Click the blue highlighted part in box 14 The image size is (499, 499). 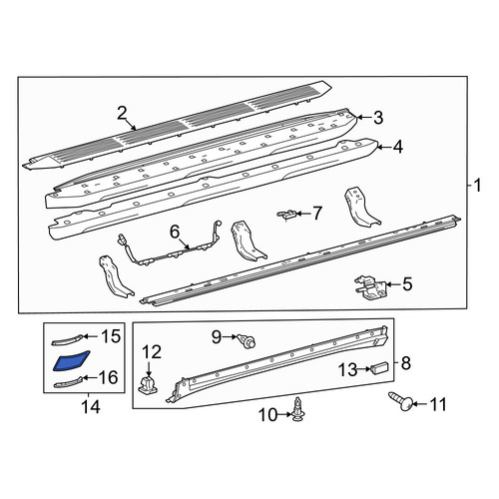pyautogui.click(x=71, y=360)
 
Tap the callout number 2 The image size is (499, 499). pyautogui.click(x=122, y=114)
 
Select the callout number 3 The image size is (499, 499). pyautogui.click(x=378, y=118)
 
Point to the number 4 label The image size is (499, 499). pyautogui.click(x=398, y=147)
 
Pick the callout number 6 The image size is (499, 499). pyautogui.click(x=175, y=232)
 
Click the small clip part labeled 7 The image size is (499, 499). pyautogui.click(x=286, y=214)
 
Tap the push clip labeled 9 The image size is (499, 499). pyautogui.click(x=247, y=341)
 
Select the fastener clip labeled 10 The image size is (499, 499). pyautogui.click(x=297, y=409)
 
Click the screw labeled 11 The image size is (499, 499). pyautogui.click(x=401, y=400)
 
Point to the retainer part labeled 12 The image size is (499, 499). pyautogui.click(x=148, y=385)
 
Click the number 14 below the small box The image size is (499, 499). pyautogui.click(x=91, y=406)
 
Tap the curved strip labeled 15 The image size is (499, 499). pyautogui.click(x=67, y=339)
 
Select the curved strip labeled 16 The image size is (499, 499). pyautogui.click(x=68, y=381)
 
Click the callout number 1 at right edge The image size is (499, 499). pyautogui.click(x=478, y=185)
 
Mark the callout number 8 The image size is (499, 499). pyautogui.click(x=406, y=363)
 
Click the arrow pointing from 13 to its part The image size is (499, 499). pyautogui.click(x=363, y=369)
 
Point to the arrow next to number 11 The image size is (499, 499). pyautogui.click(x=420, y=404)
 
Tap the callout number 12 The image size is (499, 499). pyautogui.click(x=152, y=352)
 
